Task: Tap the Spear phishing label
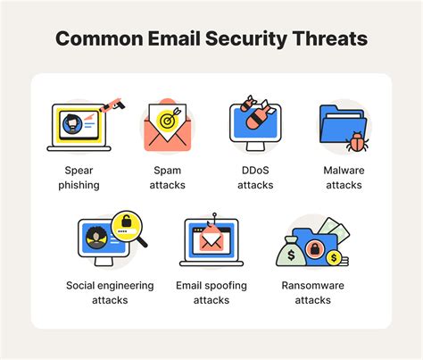coord(81,178)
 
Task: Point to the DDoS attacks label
coord(256,178)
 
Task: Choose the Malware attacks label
coord(344,178)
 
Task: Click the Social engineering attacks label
coord(110,293)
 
